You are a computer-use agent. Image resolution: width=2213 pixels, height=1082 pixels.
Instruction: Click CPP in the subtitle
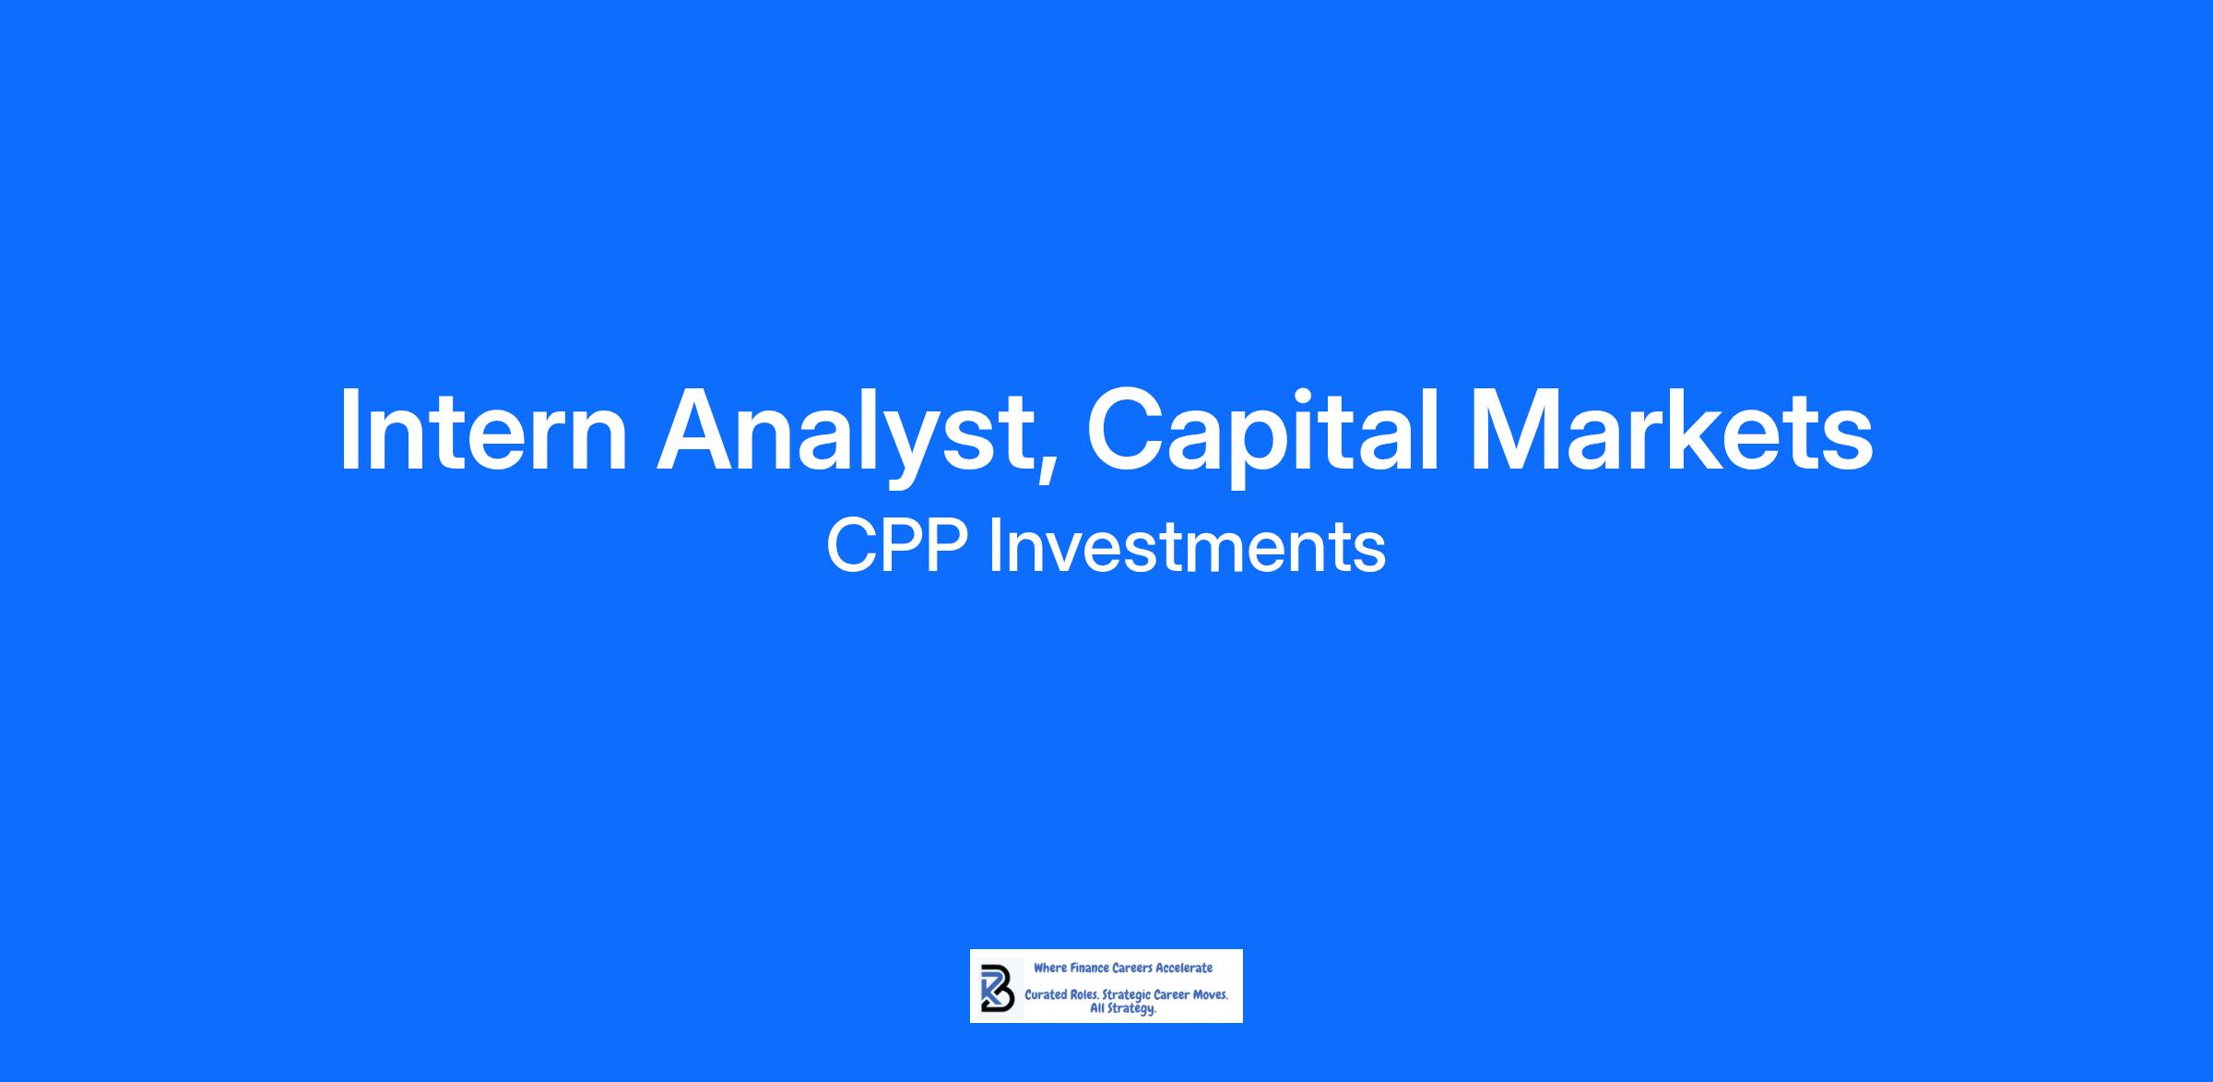tap(897, 546)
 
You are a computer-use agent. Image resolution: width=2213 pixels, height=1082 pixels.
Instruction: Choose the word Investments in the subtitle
tap(1187, 546)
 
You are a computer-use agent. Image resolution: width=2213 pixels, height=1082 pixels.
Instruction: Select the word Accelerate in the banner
tap(1184, 968)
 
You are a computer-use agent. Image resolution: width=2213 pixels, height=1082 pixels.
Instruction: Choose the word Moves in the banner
tap(1209, 995)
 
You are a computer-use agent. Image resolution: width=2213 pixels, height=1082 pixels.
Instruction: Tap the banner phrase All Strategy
tap(1123, 1009)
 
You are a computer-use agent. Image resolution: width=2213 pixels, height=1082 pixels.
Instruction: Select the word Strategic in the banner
tap(1127, 996)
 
